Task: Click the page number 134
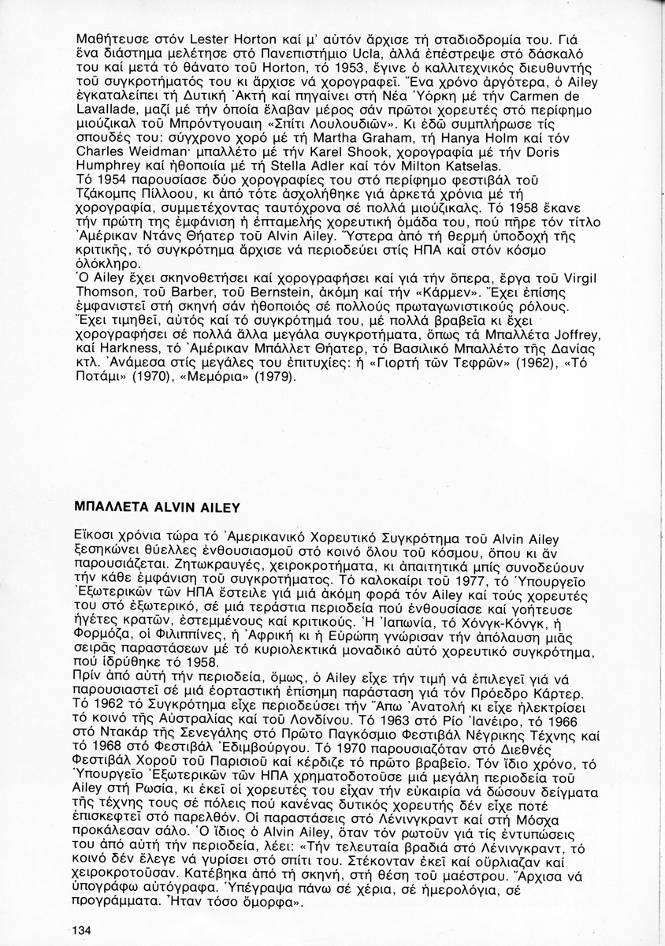coord(81,931)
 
